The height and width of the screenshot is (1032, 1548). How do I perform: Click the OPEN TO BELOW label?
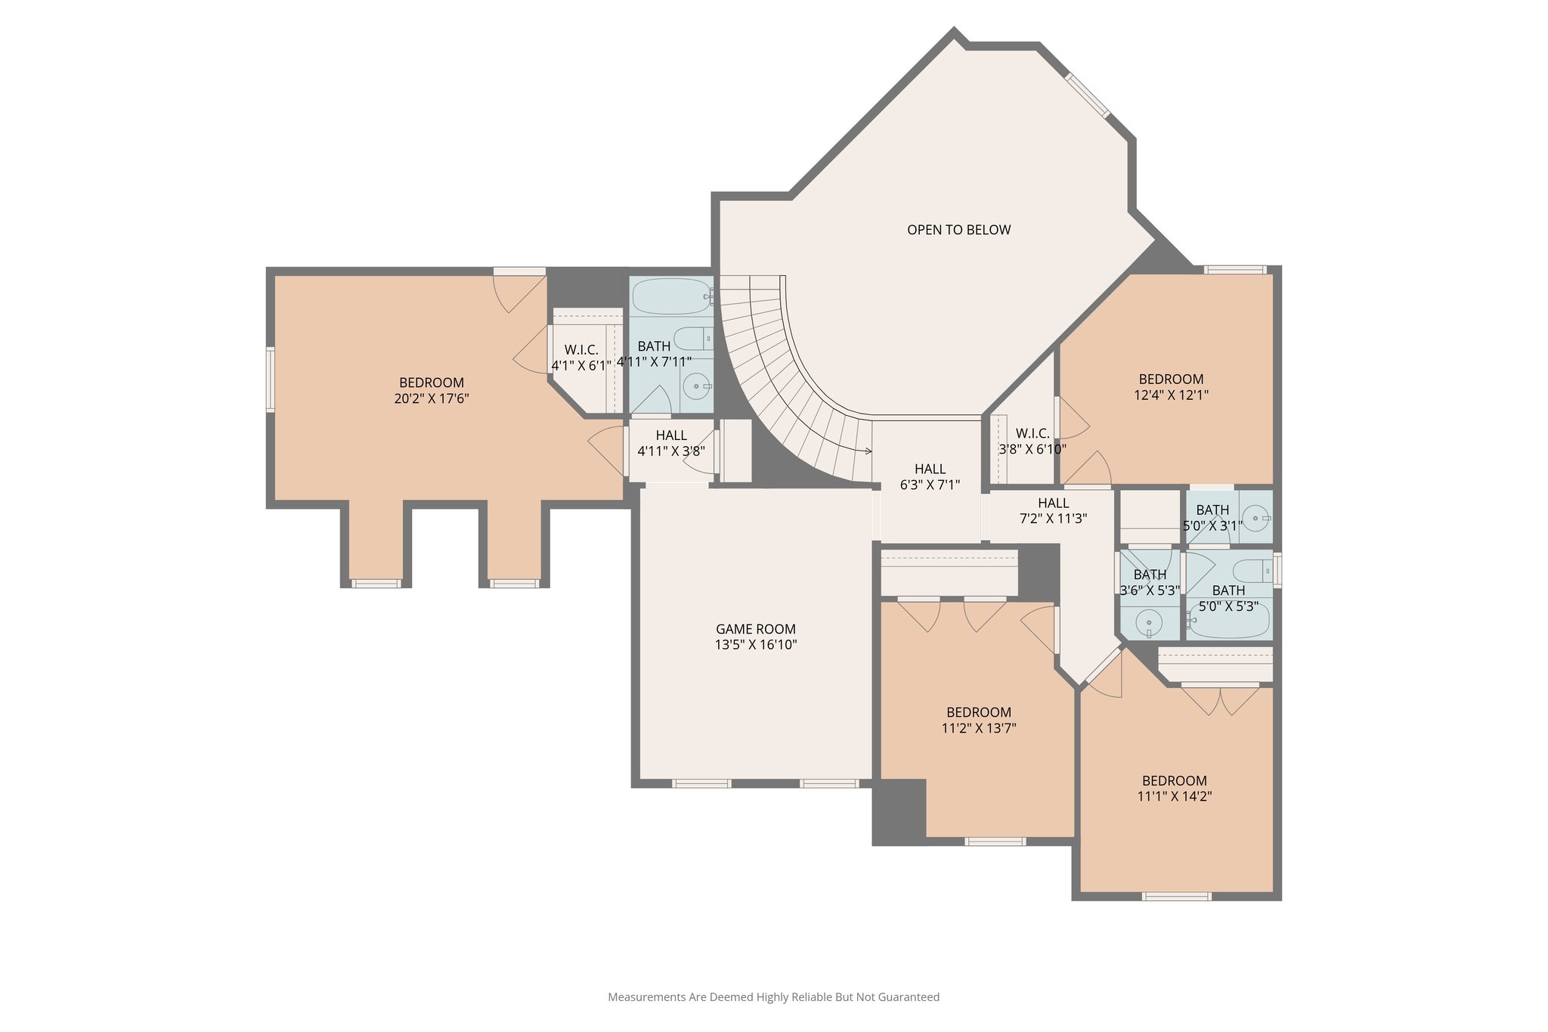[x=958, y=230]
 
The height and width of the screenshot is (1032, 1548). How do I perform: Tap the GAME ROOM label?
[x=755, y=629]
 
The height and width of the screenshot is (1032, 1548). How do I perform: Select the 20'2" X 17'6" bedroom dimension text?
[x=431, y=398]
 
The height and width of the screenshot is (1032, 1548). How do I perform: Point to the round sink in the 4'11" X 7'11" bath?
[x=695, y=386]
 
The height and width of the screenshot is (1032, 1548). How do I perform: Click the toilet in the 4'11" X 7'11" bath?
[x=692, y=338]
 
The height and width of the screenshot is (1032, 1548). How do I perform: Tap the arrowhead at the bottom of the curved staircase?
[x=868, y=451]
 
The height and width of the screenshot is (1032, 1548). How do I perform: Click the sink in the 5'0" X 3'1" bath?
[x=1255, y=519]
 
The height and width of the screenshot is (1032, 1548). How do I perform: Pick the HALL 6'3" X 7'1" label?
[x=930, y=476]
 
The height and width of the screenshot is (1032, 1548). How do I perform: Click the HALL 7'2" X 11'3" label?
[x=1053, y=510]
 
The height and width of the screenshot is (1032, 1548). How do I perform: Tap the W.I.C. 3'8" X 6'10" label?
[x=1032, y=441]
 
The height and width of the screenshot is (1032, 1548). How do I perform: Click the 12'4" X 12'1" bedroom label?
[x=1171, y=386]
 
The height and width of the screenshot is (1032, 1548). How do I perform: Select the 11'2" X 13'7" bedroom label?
[x=978, y=720]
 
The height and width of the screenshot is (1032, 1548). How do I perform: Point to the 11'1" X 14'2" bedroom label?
[x=1174, y=788]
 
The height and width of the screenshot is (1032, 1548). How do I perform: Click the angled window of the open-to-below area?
[x=1088, y=95]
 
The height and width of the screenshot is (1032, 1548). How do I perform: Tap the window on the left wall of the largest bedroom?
[x=270, y=380]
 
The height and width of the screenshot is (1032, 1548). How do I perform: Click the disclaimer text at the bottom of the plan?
[x=773, y=997]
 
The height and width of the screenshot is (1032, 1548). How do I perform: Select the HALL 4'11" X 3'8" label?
[x=671, y=443]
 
